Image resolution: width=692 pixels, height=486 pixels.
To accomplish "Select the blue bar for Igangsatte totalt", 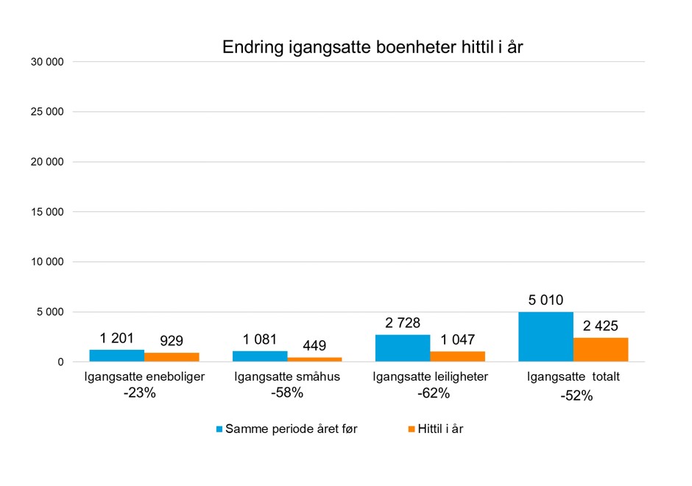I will [546, 337].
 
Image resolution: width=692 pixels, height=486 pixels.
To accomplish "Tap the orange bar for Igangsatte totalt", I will [601, 350].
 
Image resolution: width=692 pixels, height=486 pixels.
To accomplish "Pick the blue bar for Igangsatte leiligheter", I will [403, 348].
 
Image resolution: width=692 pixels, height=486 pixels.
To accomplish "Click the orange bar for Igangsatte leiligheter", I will [458, 356].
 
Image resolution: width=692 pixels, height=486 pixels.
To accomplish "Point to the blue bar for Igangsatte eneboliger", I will [116, 356].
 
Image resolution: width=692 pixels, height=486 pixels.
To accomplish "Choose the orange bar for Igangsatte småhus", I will [315, 359].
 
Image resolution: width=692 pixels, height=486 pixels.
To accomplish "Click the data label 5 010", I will [546, 300].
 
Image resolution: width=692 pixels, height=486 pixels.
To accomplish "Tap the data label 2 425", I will [601, 325].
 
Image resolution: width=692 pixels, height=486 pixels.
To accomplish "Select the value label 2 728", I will [403, 323].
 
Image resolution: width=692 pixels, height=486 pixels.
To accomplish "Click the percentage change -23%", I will [139, 393].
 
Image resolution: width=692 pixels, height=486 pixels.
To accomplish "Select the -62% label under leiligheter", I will [431, 393].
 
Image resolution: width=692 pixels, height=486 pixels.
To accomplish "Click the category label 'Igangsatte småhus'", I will [287, 378].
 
